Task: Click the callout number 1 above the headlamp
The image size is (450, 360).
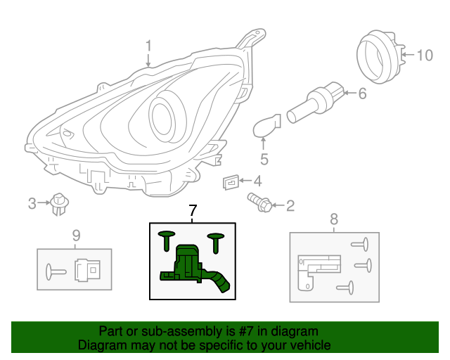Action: pos(148,46)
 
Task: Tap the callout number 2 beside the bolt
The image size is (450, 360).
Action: pos(290,206)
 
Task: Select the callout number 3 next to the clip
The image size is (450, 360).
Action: pos(32,204)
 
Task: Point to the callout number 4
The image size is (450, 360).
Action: pos(257,181)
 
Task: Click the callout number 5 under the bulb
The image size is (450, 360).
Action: pos(264,159)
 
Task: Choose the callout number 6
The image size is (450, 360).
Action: pos(362,93)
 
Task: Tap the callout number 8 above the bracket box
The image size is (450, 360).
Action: pos(334,218)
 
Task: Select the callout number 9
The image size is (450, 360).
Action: pos(76,235)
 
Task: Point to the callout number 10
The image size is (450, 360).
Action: pos(425,55)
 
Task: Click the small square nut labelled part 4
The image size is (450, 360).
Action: pos(230,182)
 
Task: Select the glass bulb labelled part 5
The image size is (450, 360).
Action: pos(266,127)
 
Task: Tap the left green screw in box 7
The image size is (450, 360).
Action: pos(167,238)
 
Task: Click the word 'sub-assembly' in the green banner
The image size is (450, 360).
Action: pos(175,331)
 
